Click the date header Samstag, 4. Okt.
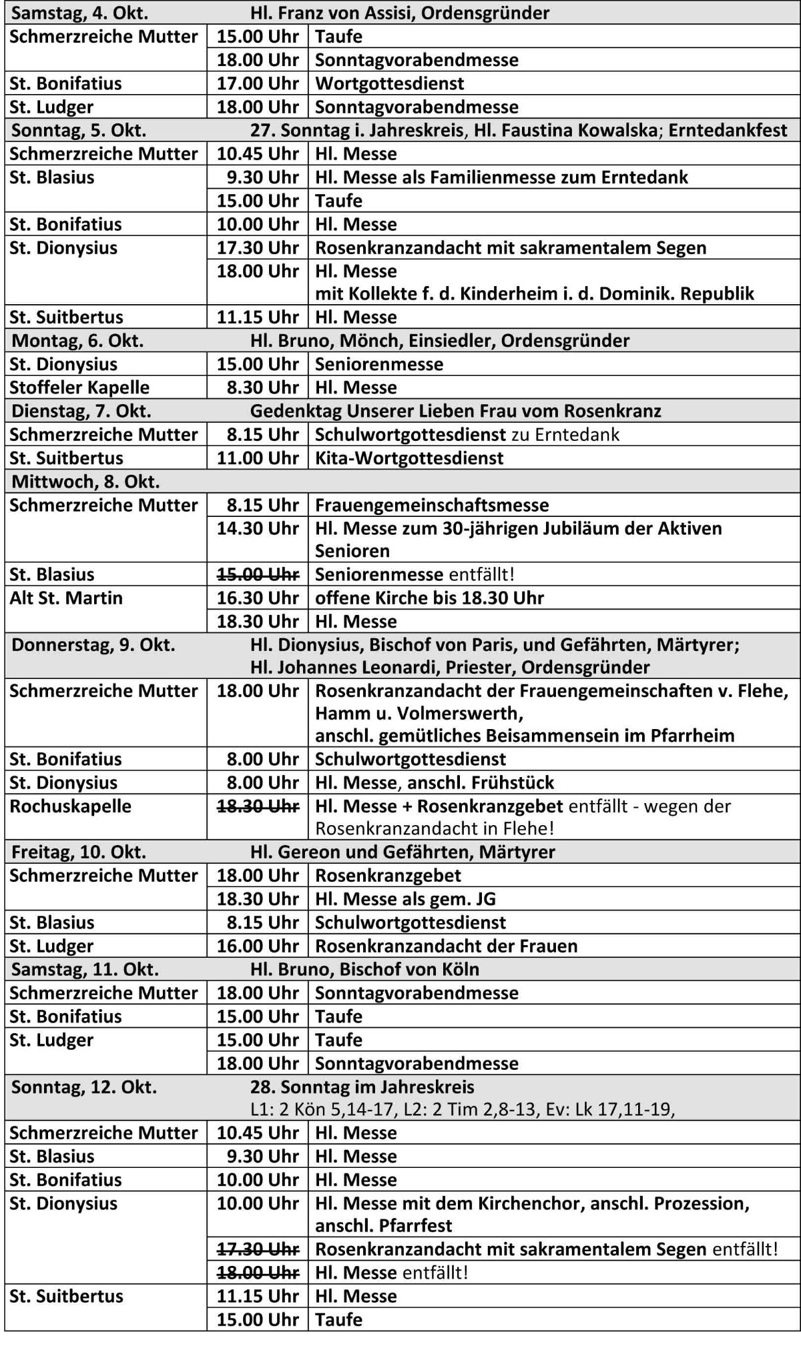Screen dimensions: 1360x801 (x=80, y=13)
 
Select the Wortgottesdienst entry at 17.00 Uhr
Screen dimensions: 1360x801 (x=389, y=84)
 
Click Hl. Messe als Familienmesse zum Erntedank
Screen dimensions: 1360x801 (x=501, y=177)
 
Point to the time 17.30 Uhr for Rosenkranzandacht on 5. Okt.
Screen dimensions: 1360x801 (x=258, y=248)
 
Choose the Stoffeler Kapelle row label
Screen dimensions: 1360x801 (x=79, y=388)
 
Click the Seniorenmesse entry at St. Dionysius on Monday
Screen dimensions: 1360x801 (x=378, y=365)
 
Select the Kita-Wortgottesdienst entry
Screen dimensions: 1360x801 (x=409, y=458)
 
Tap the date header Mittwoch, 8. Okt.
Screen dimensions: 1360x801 (x=85, y=482)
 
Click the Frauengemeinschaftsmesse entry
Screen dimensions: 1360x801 (x=431, y=506)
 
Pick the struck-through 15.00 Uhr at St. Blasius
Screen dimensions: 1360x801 (x=258, y=575)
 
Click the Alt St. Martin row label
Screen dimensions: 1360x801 (x=66, y=598)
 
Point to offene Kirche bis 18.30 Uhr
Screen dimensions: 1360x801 (x=429, y=598)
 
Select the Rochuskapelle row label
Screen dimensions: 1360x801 (x=70, y=806)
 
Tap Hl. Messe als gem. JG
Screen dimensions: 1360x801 (x=405, y=899)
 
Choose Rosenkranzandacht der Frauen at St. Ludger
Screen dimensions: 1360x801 (x=446, y=946)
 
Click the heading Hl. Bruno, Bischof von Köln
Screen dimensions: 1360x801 (x=364, y=970)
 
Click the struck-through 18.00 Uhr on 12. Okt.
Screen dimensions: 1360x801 (x=258, y=1273)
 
